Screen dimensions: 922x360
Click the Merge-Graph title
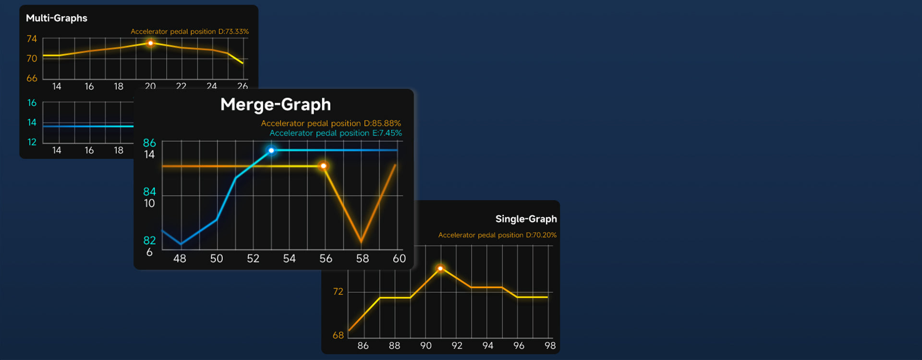(276, 105)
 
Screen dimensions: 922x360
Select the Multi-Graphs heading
(57, 18)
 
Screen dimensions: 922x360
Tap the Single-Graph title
(526, 219)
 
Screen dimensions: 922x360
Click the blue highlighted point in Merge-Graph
(271, 151)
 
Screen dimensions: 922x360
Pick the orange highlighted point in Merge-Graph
(324, 166)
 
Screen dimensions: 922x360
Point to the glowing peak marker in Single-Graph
(440, 268)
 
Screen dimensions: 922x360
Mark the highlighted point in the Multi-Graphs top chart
(150, 43)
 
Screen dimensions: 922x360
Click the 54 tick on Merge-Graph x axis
(289, 259)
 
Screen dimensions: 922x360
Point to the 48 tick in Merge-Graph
(180, 259)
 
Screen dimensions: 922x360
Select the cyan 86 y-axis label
(149, 143)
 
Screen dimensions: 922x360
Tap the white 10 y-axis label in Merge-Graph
(149, 203)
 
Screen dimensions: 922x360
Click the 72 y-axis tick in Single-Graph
(338, 292)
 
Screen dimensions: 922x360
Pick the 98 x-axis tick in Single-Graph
(550, 346)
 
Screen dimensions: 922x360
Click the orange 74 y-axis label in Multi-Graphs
(32, 39)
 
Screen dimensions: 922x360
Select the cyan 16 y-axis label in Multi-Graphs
(32, 103)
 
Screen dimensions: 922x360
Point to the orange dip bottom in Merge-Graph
(361, 241)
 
